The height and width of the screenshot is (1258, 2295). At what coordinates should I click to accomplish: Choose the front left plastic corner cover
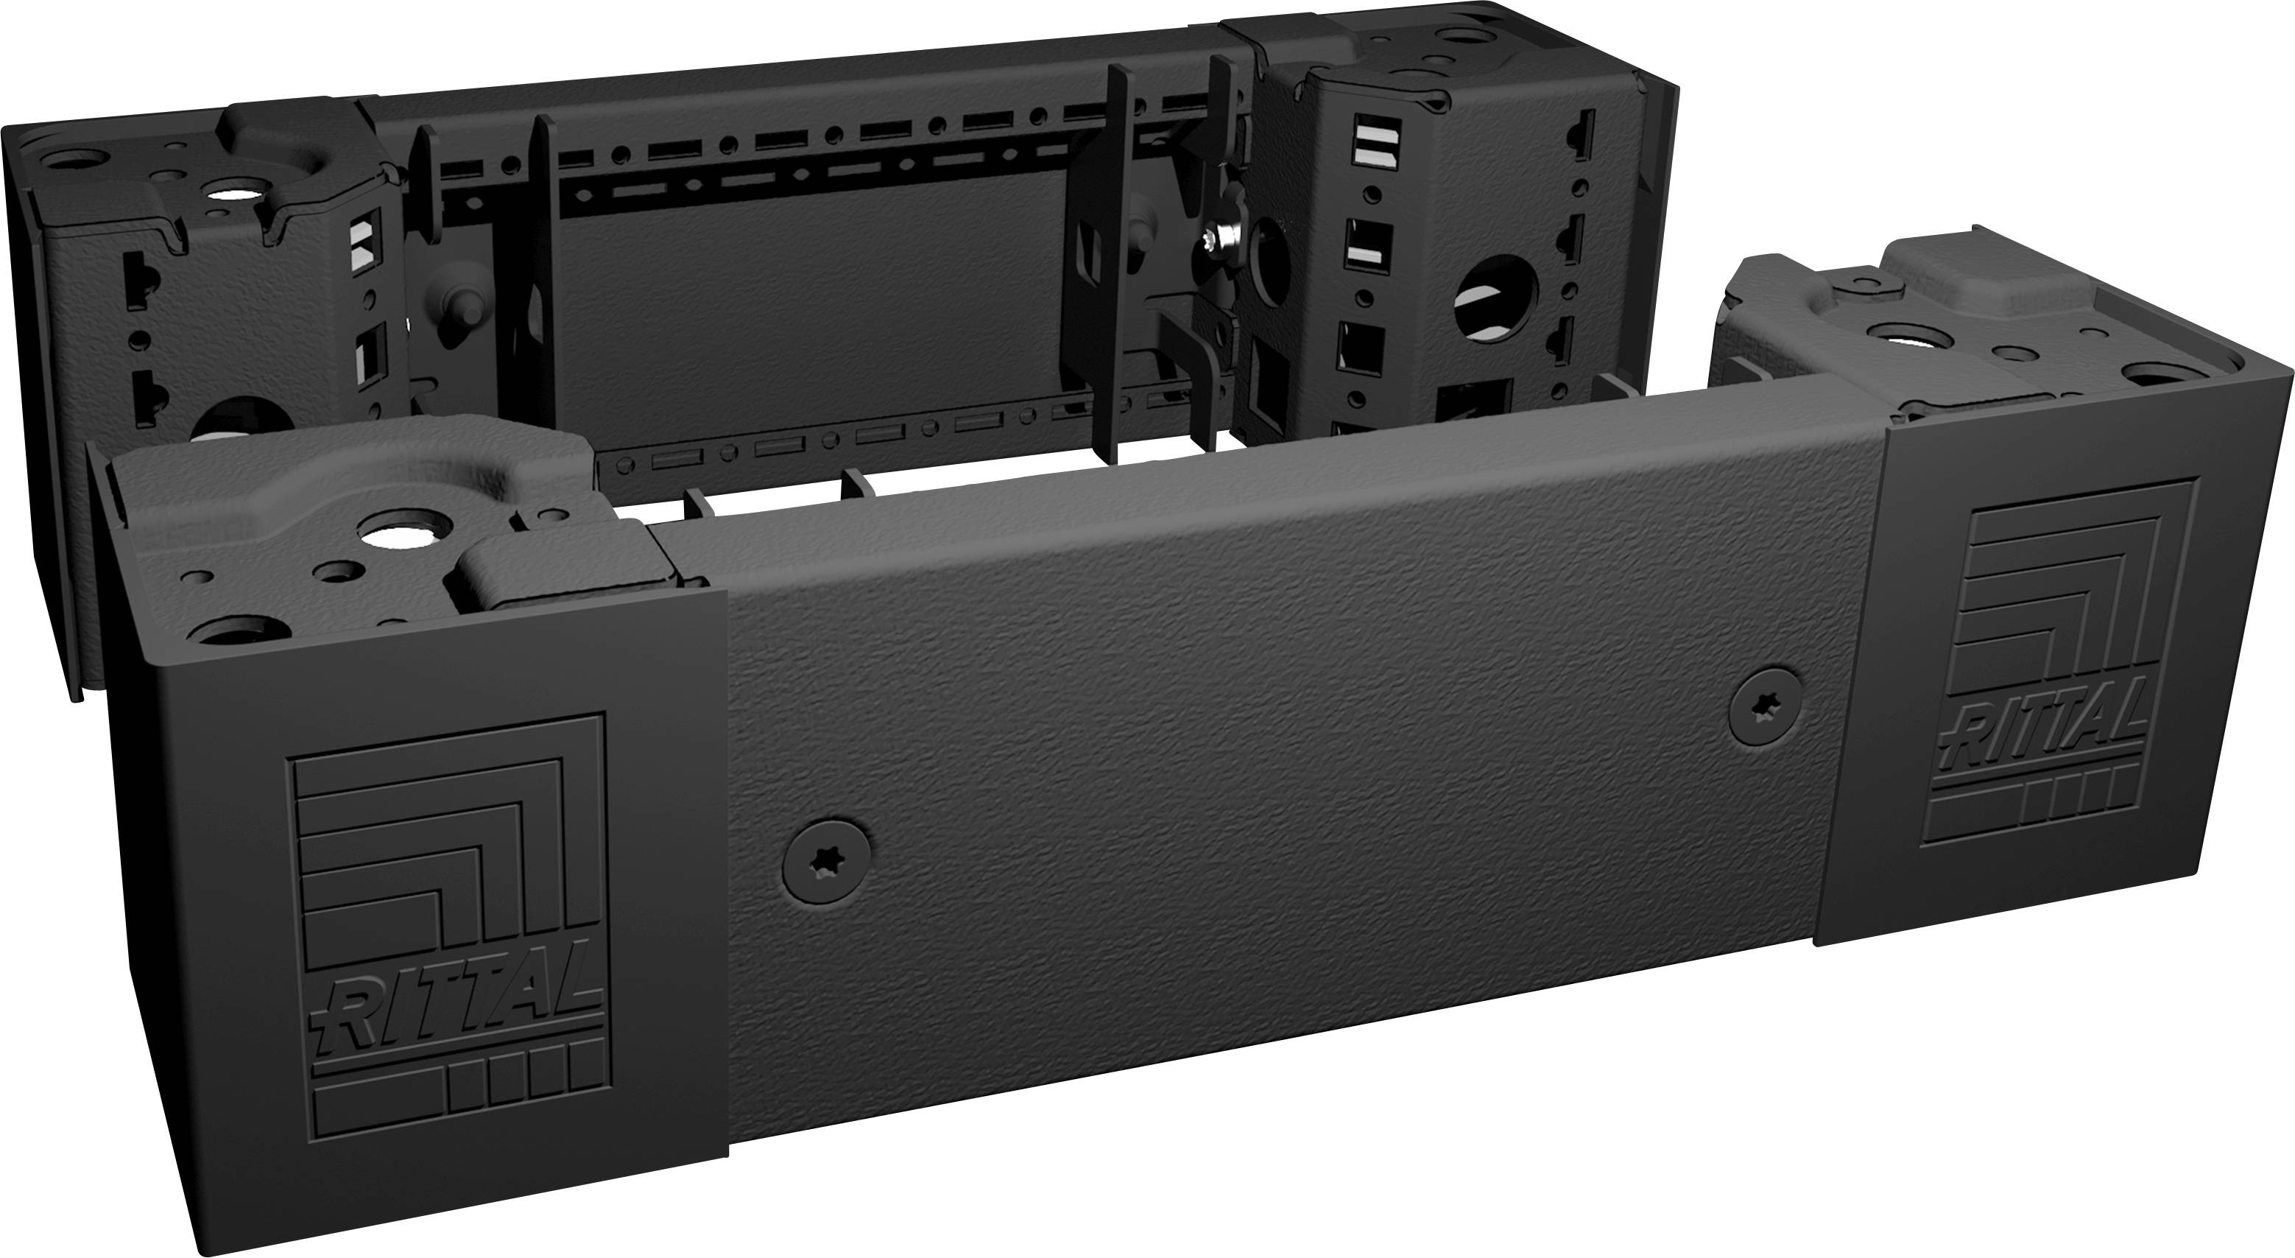[x=419, y=891]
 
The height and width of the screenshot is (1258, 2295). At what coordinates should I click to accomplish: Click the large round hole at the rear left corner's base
[x=241, y=428]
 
